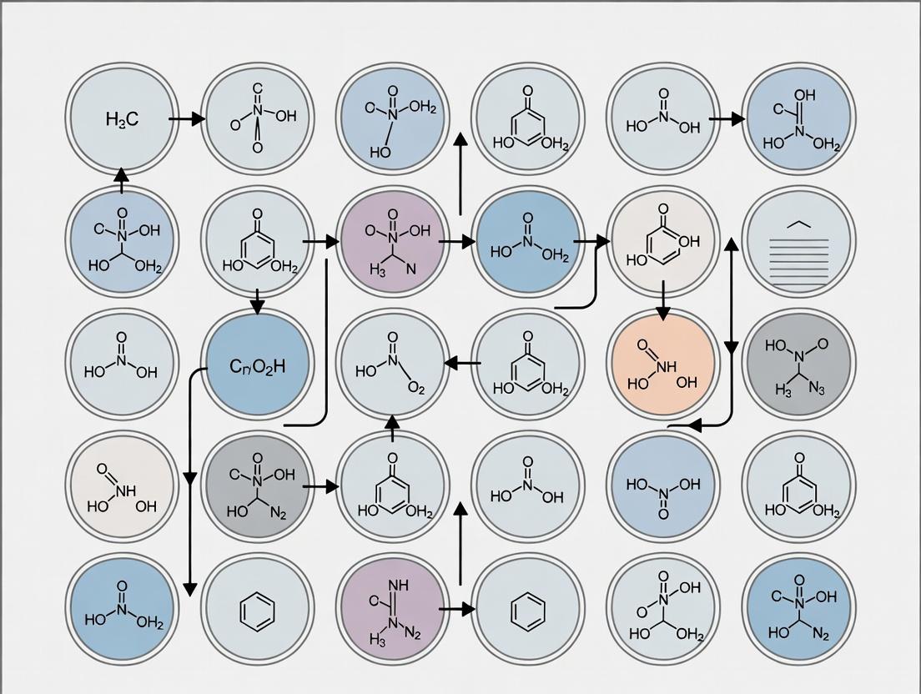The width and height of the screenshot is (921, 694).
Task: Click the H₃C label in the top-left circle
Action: point(123,119)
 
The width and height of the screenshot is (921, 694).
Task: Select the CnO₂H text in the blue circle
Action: point(257,365)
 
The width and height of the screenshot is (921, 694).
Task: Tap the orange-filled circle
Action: point(662,365)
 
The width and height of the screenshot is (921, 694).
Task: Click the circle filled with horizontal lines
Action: point(798,243)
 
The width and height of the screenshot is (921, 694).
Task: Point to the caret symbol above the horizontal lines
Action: point(798,224)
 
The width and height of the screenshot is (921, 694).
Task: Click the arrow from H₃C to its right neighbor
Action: point(186,119)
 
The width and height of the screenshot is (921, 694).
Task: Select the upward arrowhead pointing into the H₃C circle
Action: point(122,174)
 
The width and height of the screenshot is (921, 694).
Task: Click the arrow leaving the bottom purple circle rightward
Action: point(455,610)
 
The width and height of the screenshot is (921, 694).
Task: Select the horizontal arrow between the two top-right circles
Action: point(727,119)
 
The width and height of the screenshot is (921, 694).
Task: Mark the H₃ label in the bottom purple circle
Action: point(377,639)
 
